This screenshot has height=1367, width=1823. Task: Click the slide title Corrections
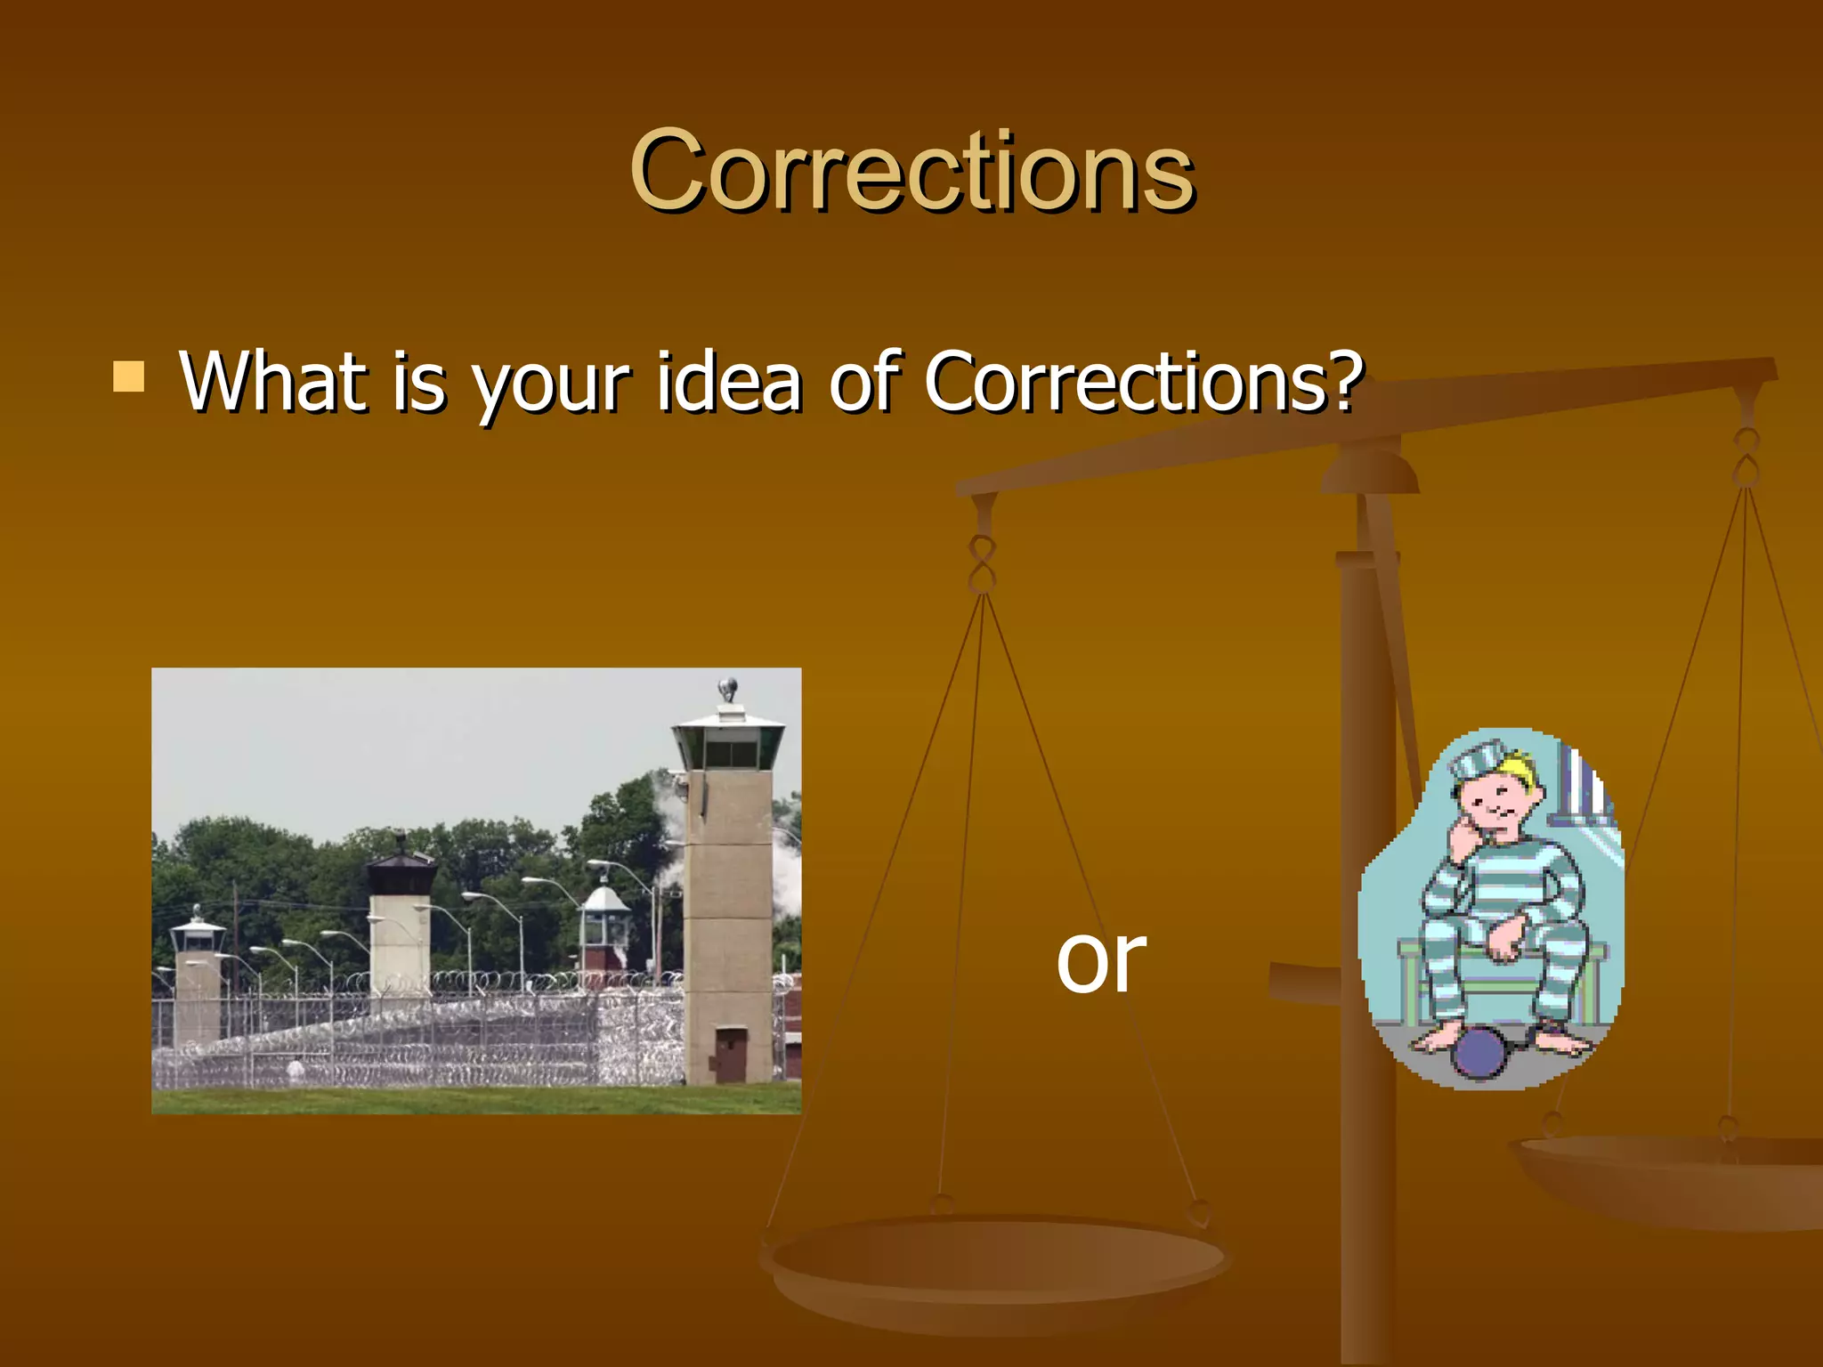point(911,171)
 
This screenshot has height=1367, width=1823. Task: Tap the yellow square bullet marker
point(129,376)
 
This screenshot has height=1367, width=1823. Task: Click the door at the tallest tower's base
point(730,1054)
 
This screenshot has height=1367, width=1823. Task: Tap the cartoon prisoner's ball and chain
point(1479,1052)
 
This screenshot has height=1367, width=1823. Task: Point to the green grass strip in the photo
point(476,1100)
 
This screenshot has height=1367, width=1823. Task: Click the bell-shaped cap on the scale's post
point(1369,472)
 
